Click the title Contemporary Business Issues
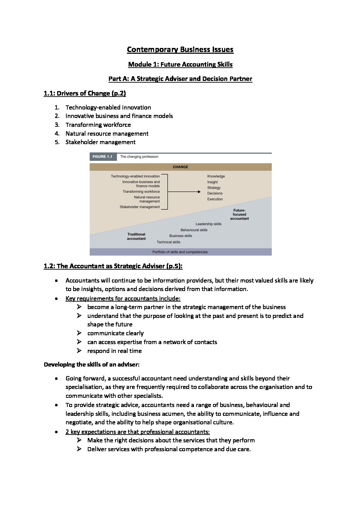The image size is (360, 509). [x=180, y=50]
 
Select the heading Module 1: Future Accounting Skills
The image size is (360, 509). [x=180, y=65]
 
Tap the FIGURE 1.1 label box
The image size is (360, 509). [x=102, y=157]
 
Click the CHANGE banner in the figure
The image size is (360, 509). [x=180, y=167]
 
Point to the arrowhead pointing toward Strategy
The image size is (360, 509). [x=199, y=192]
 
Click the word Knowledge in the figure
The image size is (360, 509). [x=216, y=176]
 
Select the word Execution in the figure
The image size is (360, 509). [x=215, y=199]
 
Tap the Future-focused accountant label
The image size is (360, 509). [x=239, y=215]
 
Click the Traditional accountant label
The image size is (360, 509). [x=136, y=236]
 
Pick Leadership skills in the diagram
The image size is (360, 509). [x=208, y=224]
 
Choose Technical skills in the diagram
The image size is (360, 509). [x=168, y=242]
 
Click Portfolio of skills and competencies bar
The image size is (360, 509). [x=180, y=252]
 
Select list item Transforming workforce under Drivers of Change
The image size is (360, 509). [x=98, y=125]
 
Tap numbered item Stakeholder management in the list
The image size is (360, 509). [x=100, y=142]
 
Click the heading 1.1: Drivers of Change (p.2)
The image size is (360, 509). [x=85, y=94]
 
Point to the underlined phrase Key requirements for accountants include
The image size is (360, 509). [x=123, y=299]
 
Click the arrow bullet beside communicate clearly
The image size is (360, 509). [x=79, y=333]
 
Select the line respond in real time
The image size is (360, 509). [x=114, y=351]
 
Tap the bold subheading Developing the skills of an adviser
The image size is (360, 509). [x=92, y=364]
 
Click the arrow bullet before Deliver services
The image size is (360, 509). [x=79, y=449]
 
